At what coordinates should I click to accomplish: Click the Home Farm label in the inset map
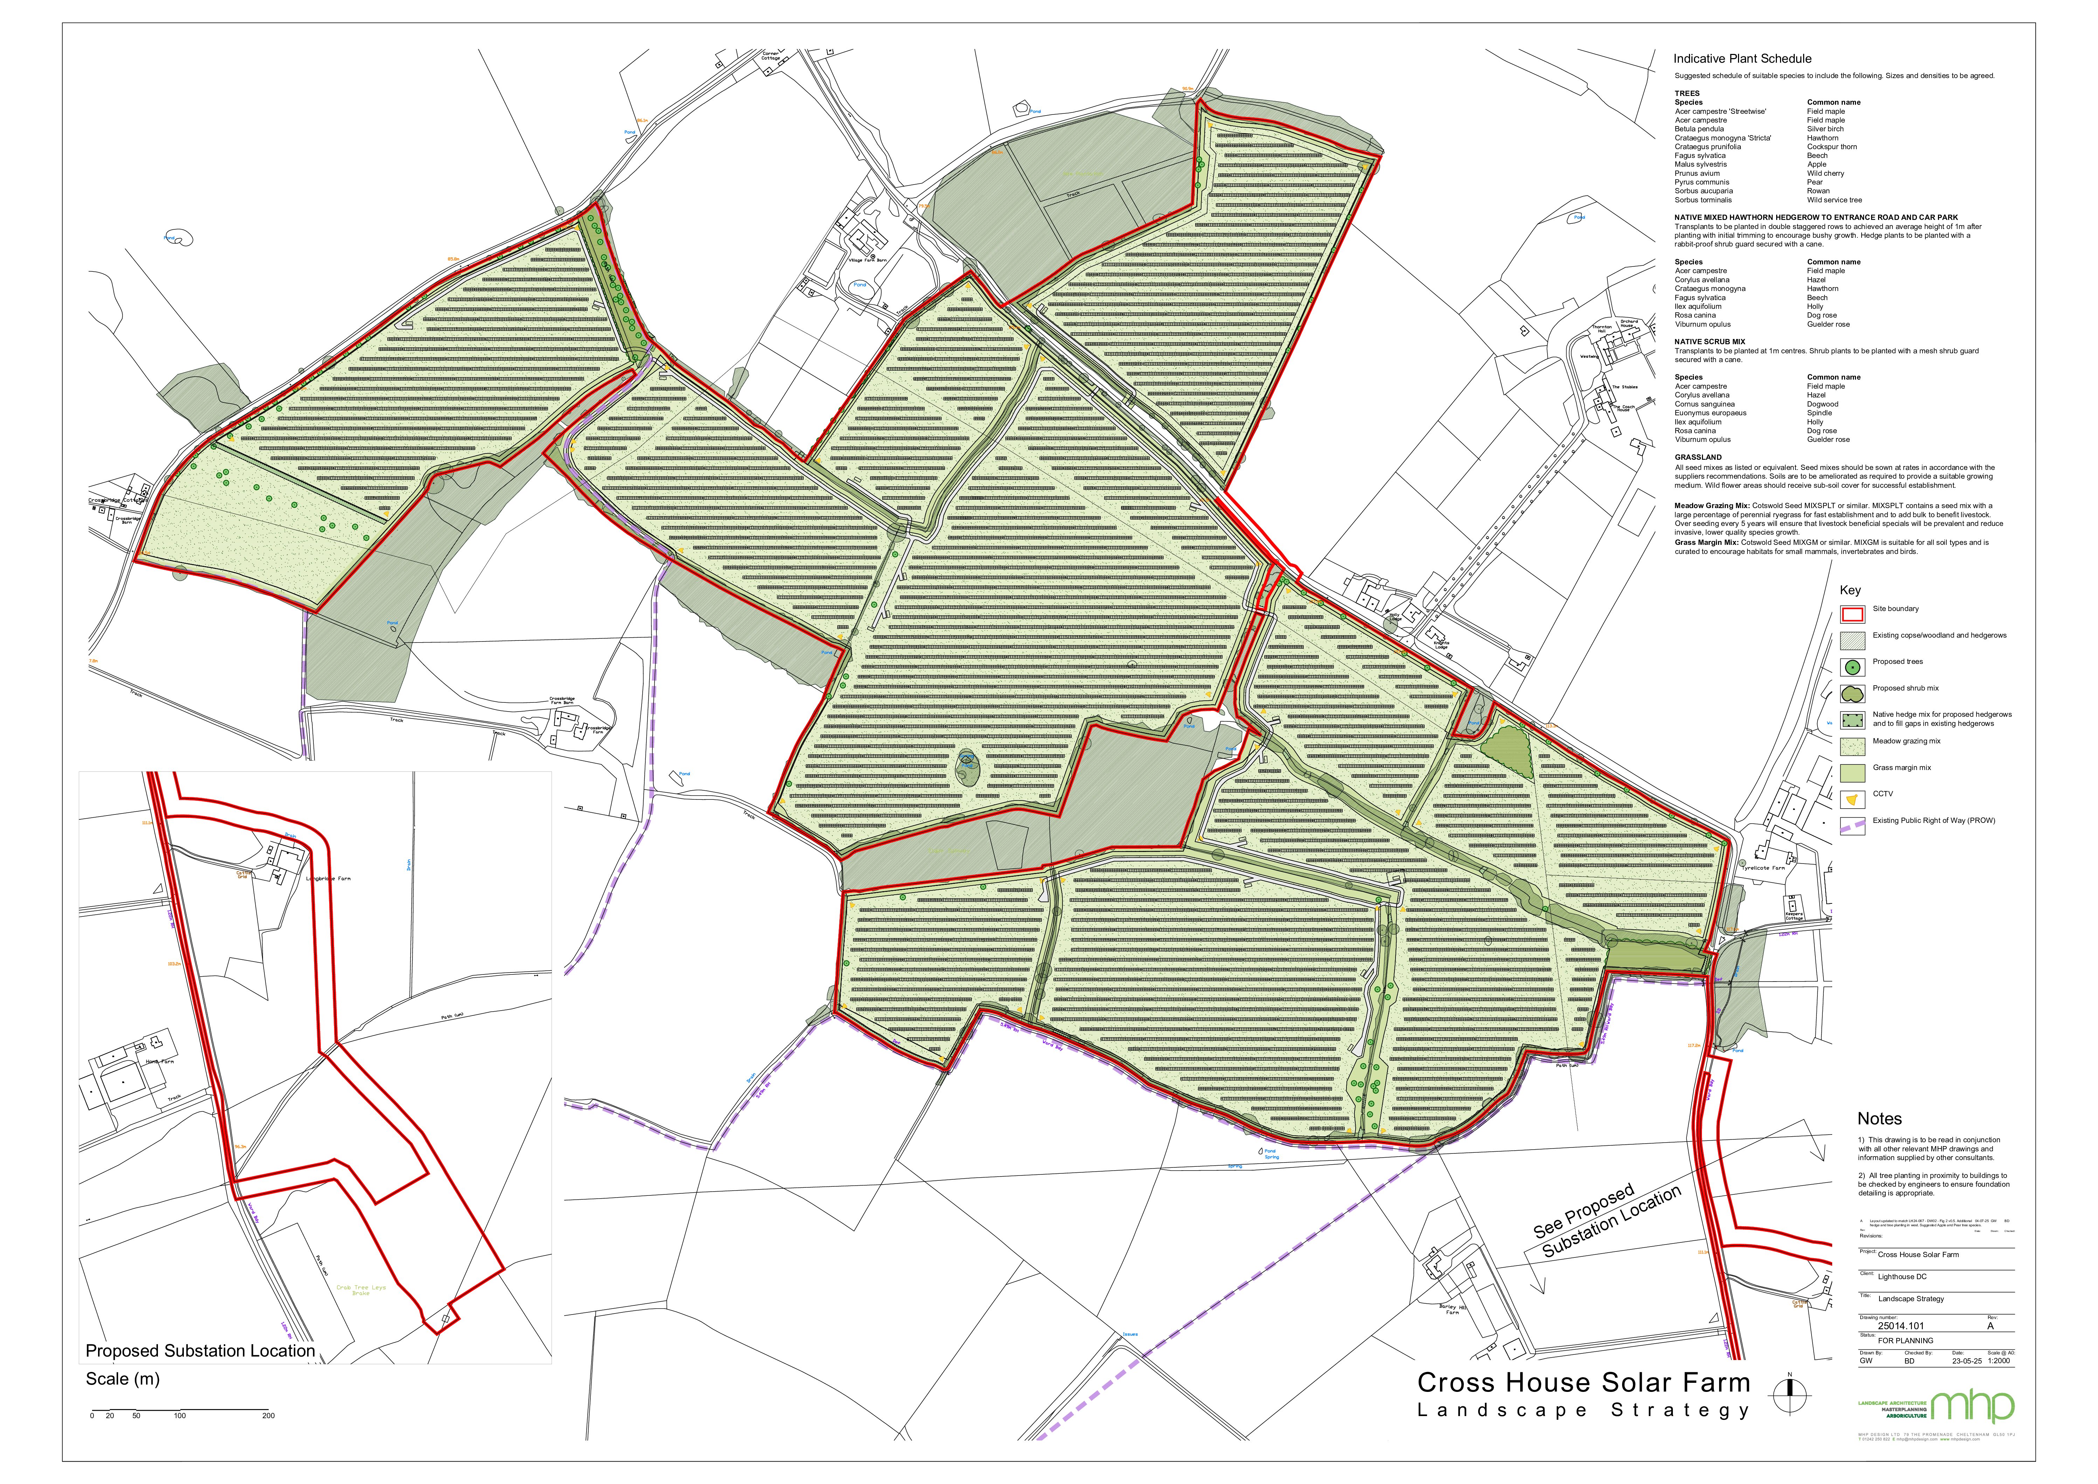[160, 1062]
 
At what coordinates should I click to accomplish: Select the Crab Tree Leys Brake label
[361, 1290]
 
